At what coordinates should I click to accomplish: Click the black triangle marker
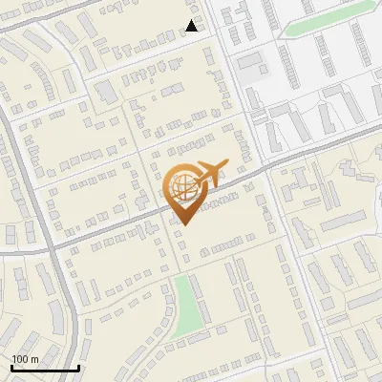tap(192, 26)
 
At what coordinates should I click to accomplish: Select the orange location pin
tap(185, 191)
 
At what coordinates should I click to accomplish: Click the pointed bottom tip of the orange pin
tap(184, 224)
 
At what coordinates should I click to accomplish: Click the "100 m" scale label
tap(25, 358)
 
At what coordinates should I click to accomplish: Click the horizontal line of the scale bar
tap(45, 369)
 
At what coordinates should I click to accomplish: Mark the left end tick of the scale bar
tap(11, 367)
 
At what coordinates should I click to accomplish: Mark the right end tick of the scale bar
tap(78, 367)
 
